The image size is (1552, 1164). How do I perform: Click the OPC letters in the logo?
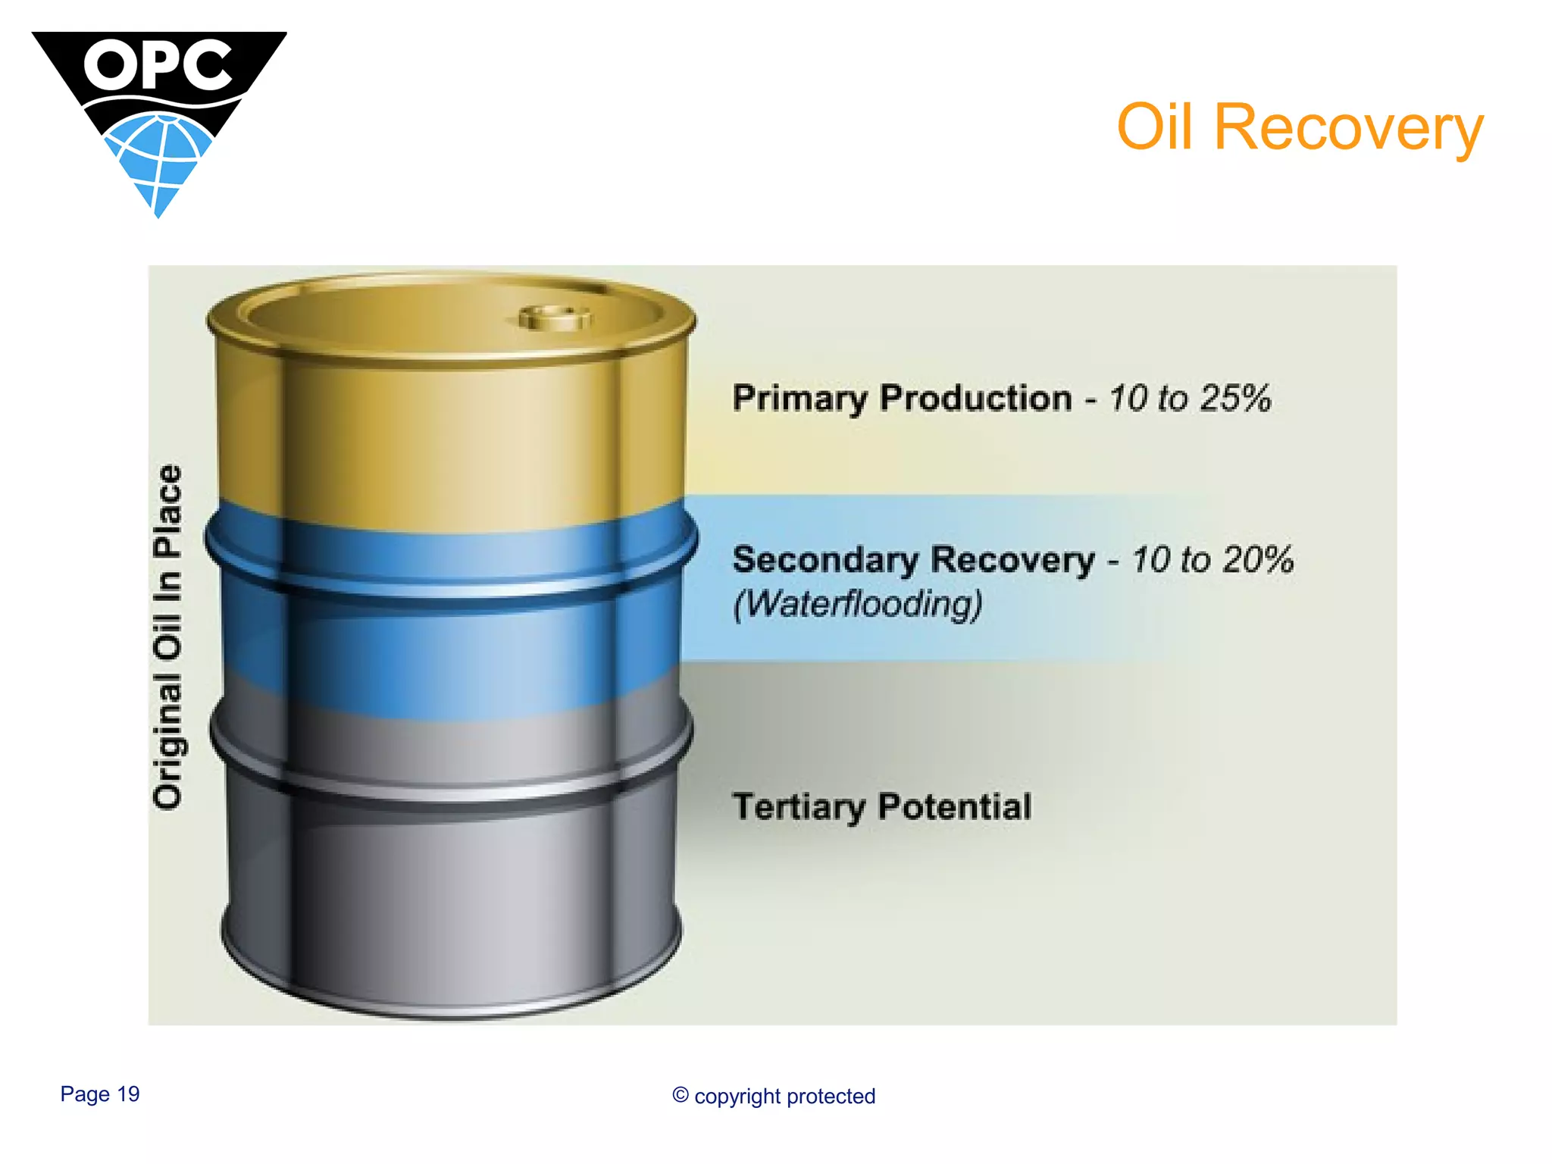coord(158,65)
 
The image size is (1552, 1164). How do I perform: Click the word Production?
coord(975,399)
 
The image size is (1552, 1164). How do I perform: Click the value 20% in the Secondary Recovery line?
coord(1258,560)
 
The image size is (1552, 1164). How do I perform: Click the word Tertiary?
coord(798,807)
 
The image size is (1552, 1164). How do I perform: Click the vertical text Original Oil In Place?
coord(167,637)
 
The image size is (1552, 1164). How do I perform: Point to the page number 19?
coord(128,1094)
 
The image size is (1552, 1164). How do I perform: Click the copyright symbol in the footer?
coord(681,1095)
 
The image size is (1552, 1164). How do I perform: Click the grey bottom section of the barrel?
coord(455,894)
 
